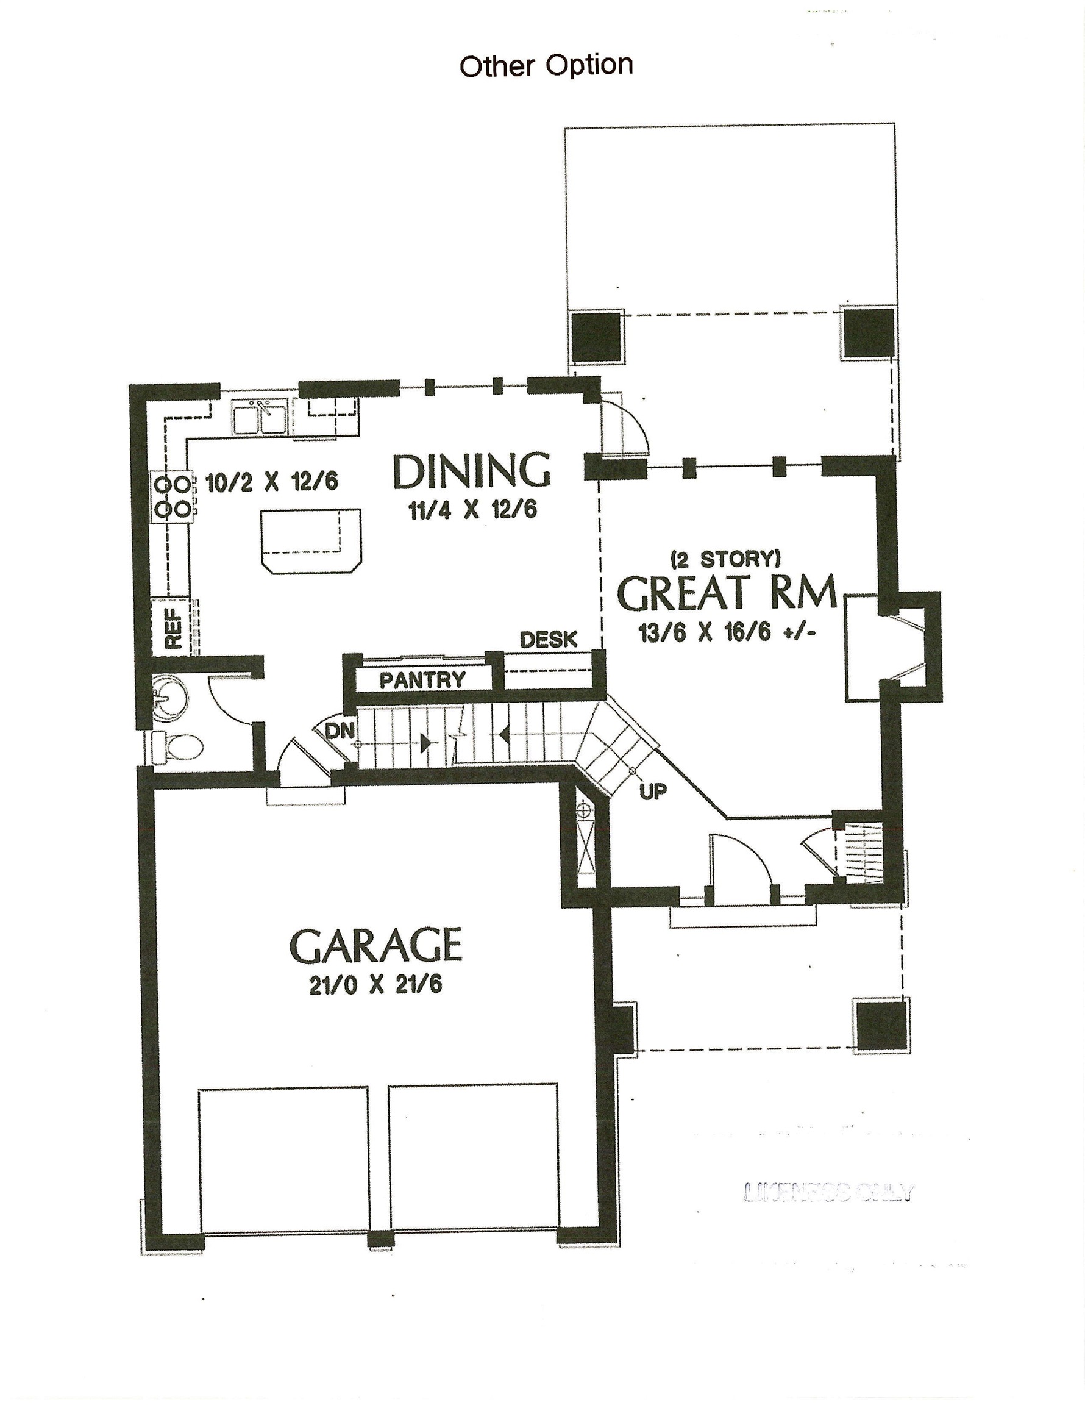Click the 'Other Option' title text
(546, 66)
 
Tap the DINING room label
(471, 471)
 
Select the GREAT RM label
(727, 593)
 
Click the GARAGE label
(375, 945)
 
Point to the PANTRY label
(422, 680)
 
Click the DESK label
(548, 640)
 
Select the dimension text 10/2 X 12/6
(271, 482)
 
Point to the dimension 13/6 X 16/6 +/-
(727, 633)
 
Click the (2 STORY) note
(725, 559)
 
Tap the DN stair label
(338, 731)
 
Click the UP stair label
(653, 792)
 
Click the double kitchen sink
(260, 418)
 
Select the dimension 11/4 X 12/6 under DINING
(472, 511)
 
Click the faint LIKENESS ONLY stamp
(828, 1192)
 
